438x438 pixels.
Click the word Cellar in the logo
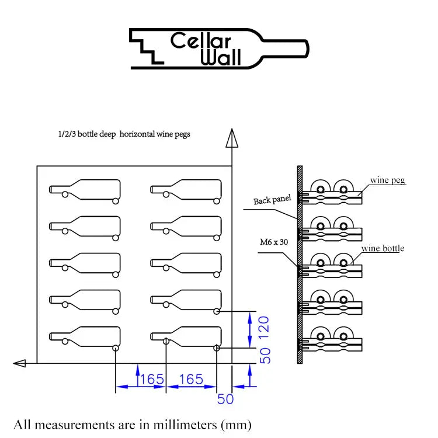[x=201, y=41]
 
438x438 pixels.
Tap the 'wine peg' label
[x=388, y=180]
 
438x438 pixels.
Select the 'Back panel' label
[x=272, y=201]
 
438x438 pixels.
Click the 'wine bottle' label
[x=383, y=248]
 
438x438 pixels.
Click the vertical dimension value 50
[x=265, y=355]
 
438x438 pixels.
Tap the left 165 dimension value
[x=152, y=379]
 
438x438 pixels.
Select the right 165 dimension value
[x=192, y=379]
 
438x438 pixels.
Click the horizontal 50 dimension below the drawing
[x=225, y=399]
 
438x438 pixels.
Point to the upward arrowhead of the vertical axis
[x=232, y=139]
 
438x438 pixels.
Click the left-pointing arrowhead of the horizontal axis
[x=20, y=363]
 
